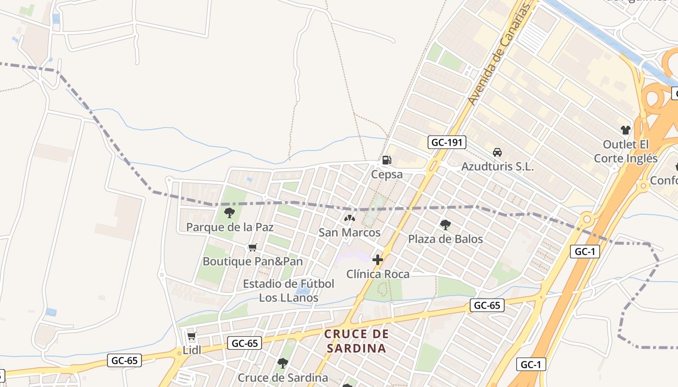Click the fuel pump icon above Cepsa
[x=386, y=160]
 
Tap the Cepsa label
[x=386, y=174]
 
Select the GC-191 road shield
[x=447, y=142]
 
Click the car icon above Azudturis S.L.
[x=497, y=152]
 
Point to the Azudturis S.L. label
[x=497, y=167]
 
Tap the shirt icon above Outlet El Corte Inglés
[x=626, y=130]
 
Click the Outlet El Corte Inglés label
[x=626, y=151]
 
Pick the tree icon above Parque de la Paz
[x=230, y=212]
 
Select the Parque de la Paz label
[x=230, y=227]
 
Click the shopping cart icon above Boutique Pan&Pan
[x=252, y=248]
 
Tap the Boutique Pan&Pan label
[x=252, y=262]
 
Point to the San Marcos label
[x=349, y=233]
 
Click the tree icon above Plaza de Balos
[x=445, y=224]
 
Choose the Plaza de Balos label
[x=445, y=239]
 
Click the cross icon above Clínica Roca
[x=378, y=260]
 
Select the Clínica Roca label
[x=378, y=274]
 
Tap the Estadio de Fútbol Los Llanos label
[x=289, y=290]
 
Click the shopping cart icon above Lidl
[x=191, y=336]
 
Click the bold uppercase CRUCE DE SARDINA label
[x=356, y=341]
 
